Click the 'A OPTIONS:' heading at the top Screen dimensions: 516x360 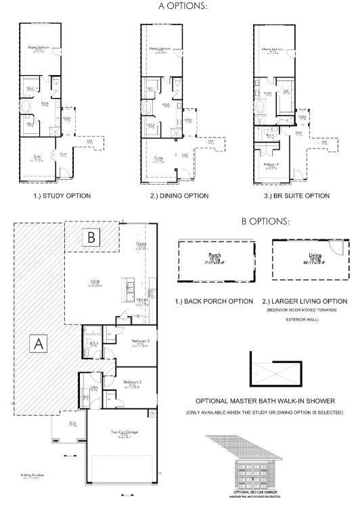pos(182,5)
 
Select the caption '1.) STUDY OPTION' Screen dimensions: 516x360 pos(62,195)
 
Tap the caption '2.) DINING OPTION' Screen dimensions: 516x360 pos(179,195)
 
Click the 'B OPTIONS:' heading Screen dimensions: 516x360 pos(266,220)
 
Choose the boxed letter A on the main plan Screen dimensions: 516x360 pos(39,343)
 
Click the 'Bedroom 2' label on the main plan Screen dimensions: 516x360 pos(141,341)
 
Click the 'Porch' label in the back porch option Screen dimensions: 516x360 pos(216,256)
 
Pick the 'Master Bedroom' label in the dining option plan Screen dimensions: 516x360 pos(160,49)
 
